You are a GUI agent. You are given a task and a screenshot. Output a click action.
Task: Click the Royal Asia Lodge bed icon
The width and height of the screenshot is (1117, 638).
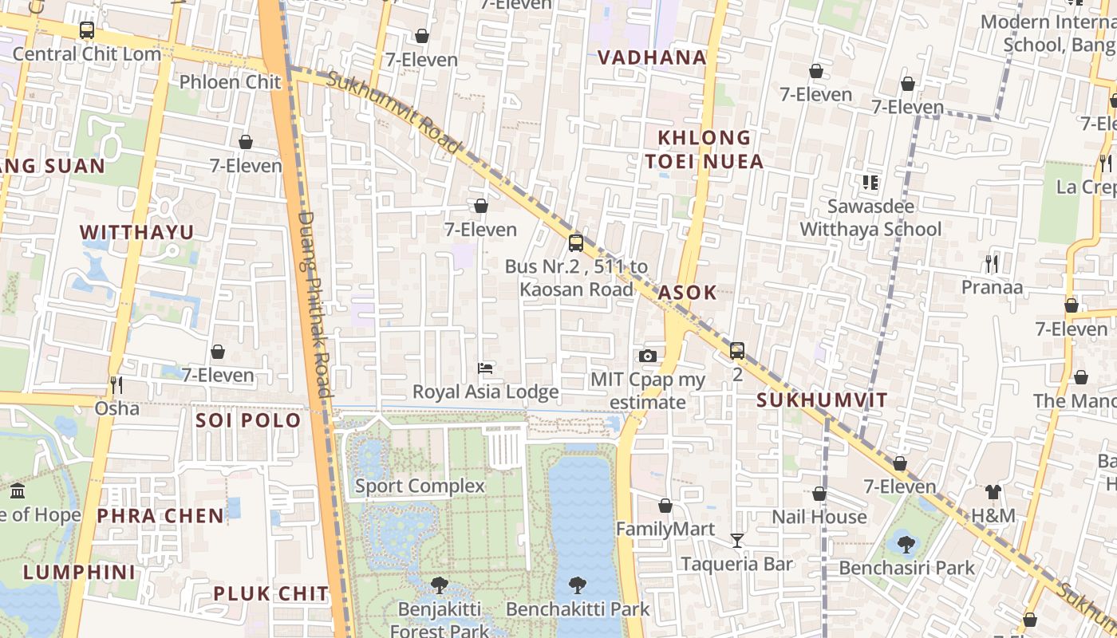pyautogui.click(x=484, y=368)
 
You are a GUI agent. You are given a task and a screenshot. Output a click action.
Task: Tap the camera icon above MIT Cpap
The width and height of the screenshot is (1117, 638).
pyautogui.click(x=647, y=356)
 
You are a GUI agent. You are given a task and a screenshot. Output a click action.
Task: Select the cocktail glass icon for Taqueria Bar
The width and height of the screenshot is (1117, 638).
pyautogui.click(x=737, y=541)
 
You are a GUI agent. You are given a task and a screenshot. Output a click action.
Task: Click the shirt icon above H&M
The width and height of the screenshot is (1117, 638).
pyautogui.click(x=993, y=492)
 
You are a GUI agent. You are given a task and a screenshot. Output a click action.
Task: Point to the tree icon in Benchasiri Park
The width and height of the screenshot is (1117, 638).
pyautogui.click(x=906, y=545)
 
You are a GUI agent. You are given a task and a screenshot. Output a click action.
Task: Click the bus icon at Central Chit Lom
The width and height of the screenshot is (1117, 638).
pyautogui.click(x=87, y=30)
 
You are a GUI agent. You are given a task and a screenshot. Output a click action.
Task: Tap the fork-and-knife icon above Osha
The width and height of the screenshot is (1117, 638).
pyautogui.click(x=116, y=385)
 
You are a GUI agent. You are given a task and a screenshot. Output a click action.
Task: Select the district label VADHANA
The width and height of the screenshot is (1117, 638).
pyautogui.click(x=652, y=57)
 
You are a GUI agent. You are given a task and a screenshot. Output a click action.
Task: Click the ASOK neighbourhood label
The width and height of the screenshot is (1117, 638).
pyautogui.click(x=687, y=292)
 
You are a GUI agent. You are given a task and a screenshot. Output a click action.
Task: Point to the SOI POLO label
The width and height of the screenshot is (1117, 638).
pyautogui.click(x=248, y=420)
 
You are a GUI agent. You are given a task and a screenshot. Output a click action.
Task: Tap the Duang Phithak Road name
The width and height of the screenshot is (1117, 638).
pyautogui.click(x=314, y=303)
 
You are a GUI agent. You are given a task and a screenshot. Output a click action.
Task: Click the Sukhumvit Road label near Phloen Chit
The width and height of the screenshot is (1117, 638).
pyautogui.click(x=394, y=112)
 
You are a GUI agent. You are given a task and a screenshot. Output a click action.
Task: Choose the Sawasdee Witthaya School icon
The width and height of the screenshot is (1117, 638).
pyautogui.click(x=870, y=183)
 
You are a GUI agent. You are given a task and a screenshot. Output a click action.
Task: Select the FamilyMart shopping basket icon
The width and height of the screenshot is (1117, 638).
pyautogui.click(x=665, y=506)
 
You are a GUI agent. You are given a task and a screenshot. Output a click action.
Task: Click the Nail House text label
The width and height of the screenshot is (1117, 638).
pyautogui.click(x=819, y=517)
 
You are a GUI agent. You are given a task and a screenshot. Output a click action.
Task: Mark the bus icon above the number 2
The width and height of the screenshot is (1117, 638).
pyautogui.click(x=736, y=351)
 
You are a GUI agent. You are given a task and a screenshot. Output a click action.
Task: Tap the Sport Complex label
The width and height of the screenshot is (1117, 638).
pyautogui.click(x=420, y=486)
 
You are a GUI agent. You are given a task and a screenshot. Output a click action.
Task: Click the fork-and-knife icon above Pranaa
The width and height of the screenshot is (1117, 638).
pyautogui.click(x=992, y=263)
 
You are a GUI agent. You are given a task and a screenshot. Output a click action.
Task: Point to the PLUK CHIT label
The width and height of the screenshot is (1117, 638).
pyautogui.click(x=270, y=593)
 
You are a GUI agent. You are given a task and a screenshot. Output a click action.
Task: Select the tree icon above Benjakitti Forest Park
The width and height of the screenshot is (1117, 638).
pyautogui.click(x=439, y=585)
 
